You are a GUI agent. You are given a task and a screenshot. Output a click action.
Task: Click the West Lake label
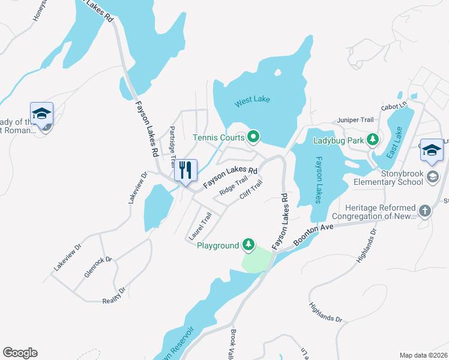[x=252, y=100]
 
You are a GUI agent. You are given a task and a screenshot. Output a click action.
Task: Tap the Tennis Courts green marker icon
[x=253, y=137]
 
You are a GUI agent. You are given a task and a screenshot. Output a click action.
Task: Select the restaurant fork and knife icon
[x=185, y=170]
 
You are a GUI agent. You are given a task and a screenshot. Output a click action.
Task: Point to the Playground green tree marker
[x=249, y=245]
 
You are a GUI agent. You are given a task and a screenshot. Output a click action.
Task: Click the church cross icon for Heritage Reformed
[x=424, y=211]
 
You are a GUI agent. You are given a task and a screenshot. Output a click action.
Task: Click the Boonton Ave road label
[x=313, y=236]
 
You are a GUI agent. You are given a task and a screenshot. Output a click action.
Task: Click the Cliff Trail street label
[x=251, y=191]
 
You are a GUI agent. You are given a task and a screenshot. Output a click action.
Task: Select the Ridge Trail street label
[x=234, y=185]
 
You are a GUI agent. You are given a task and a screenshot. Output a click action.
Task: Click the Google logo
[x=20, y=353]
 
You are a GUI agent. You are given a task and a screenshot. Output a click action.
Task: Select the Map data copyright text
[x=423, y=355]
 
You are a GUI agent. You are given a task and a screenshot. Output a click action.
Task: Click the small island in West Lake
[x=277, y=73]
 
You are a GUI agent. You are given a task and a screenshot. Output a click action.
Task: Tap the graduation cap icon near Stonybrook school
[x=431, y=150]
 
